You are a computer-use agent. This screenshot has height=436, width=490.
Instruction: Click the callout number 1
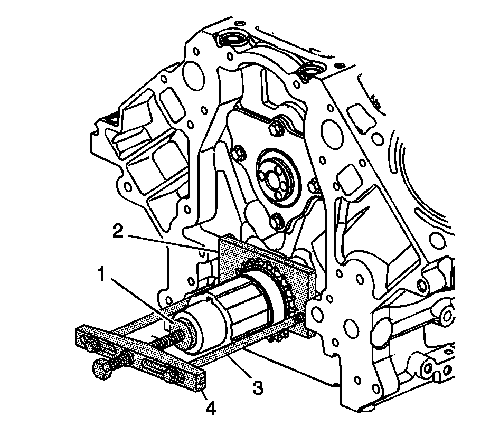pyautogui.click(x=101, y=274)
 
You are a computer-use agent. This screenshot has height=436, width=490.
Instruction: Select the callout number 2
pyautogui.click(x=118, y=231)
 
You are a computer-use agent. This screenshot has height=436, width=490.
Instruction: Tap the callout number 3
pyautogui.click(x=258, y=387)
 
